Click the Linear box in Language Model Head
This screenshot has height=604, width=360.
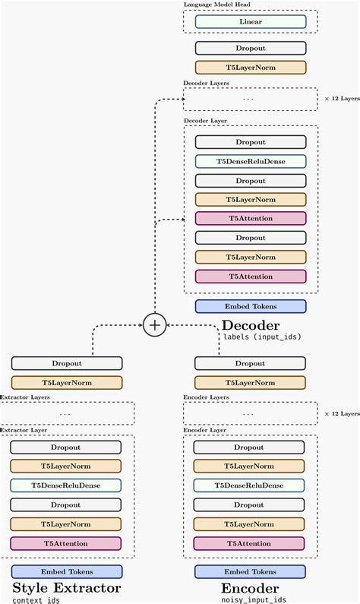(251, 22)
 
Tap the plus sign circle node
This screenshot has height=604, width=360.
(154, 325)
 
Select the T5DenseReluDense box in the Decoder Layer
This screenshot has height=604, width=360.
(251, 161)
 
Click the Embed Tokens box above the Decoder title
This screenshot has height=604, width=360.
(251, 306)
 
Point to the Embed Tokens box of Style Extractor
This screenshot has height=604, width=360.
(67, 571)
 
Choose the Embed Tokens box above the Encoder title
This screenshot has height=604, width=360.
(251, 571)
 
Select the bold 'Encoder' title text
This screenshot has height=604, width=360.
(250, 588)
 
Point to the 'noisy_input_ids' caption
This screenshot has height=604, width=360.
(254, 599)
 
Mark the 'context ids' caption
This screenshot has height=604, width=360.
(36, 600)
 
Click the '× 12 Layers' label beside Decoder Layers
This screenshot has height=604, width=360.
(341, 99)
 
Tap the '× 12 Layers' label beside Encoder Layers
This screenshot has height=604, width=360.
(341, 413)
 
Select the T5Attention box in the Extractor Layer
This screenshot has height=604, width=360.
(67, 543)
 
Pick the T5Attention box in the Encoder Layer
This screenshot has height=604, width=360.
(251, 543)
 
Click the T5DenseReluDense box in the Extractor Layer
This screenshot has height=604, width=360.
(67, 485)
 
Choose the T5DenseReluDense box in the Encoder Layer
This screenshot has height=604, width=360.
(251, 485)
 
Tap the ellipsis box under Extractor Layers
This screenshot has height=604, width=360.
(67, 413)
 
